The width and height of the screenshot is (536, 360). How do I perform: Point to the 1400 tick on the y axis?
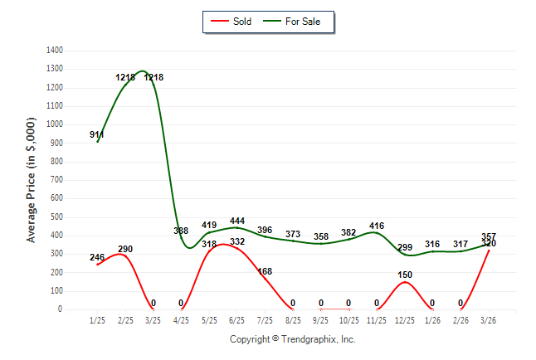(55, 51)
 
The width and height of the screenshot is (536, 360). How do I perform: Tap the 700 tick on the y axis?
(56, 180)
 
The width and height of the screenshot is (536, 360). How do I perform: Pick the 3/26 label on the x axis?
(489, 320)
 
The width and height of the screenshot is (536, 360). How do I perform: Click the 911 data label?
(97, 134)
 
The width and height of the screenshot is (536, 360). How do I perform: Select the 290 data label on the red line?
(125, 249)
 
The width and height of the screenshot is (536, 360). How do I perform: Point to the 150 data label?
(405, 275)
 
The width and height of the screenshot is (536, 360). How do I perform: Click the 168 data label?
(265, 271)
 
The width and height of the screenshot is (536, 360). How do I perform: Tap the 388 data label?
(181, 231)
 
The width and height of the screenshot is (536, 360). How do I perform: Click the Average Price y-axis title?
(32, 179)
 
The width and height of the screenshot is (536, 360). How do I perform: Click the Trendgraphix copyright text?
(292, 339)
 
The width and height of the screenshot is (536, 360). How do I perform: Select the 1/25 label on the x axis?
(97, 320)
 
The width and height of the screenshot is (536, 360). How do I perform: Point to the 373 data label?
(293, 234)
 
